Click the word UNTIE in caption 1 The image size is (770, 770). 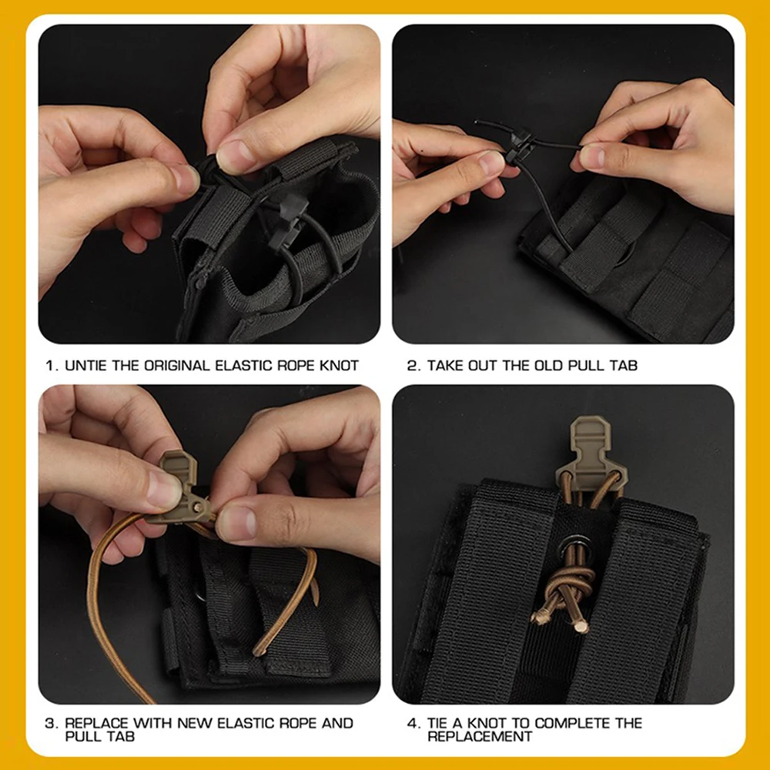86,365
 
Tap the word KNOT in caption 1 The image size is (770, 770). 339,365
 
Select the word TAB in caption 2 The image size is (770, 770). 624,365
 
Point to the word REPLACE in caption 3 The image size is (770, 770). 97,723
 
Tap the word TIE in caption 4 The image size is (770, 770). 442,723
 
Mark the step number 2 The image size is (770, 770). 412,365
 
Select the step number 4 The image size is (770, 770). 412,723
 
